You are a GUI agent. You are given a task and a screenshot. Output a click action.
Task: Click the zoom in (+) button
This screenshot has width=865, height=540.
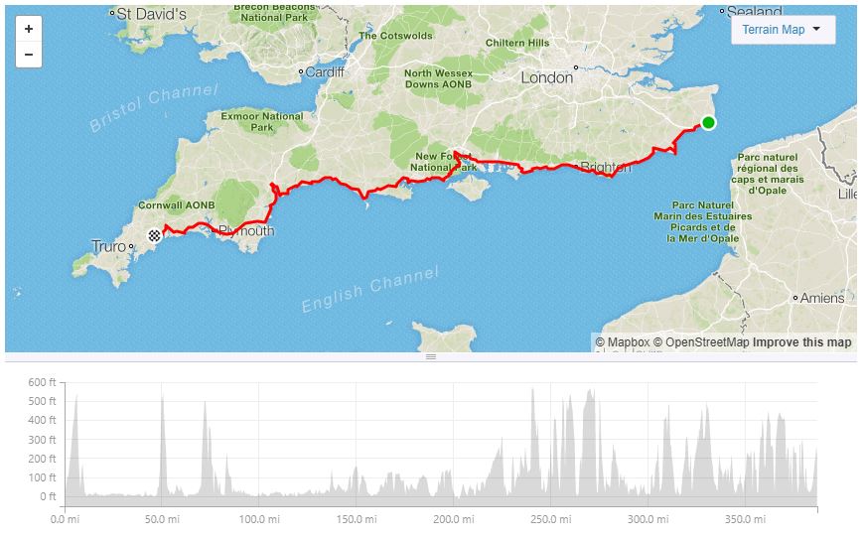[29, 30]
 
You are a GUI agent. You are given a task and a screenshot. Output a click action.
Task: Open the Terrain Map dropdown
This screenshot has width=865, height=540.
[783, 30]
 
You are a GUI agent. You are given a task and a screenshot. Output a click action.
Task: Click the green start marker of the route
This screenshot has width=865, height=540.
[708, 123]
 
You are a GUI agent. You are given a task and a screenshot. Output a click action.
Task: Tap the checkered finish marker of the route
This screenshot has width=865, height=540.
[155, 235]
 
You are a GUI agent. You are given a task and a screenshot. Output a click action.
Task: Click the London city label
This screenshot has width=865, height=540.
[547, 77]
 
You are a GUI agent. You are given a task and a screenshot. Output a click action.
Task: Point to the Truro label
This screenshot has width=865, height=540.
[108, 246]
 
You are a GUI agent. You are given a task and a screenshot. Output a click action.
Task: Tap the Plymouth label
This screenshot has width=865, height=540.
[245, 231]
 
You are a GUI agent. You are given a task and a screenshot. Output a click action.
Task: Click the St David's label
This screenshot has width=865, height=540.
[151, 15]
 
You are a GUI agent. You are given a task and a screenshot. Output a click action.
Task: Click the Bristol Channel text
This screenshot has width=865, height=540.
[154, 109]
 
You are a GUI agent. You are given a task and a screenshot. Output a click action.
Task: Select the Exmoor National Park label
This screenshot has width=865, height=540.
[262, 122]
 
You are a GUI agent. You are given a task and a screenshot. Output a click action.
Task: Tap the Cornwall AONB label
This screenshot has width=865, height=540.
[177, 204]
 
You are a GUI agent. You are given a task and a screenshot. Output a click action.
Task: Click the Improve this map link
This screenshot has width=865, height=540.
[801, 342]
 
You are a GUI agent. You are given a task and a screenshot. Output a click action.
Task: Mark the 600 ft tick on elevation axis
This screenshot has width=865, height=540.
[43, 382]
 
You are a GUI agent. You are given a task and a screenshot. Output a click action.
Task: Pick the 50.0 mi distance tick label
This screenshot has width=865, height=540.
[161, 519]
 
